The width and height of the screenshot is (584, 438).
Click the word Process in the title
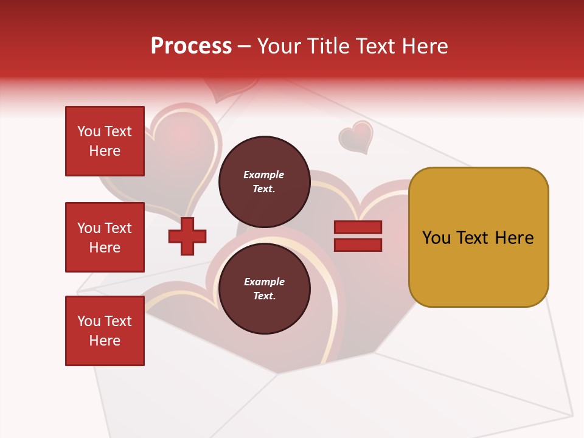pyautogui.click(x=191, y=46)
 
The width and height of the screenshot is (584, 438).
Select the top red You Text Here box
pyautogui.click(x=105, y=141)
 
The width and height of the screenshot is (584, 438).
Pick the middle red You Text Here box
pyautogui.click(x=105, y=237)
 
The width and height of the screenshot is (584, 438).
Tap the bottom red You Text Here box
pyautogui.click(x=105, y=331)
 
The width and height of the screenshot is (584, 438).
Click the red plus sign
pyautogui.click(x=187, y=236)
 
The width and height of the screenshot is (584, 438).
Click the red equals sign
pyautogui.click(x=358, y=236)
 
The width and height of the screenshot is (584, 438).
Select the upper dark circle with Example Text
pyautogui.click(x=264, y=181)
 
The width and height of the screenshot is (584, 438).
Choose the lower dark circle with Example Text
pyautogui.click(x=264, y=288)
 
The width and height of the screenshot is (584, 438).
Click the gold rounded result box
pyautogui.click(x=478, y=237)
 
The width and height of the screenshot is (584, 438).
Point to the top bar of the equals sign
pyautogui.click(x=358, y=227)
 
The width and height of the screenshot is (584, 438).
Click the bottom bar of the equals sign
pyautogui.click(x=358, y=245)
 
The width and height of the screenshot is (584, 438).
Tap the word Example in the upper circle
pyautogui.click(x=263, y=175)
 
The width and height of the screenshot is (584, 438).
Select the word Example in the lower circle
pyautogui.click(x=264, y=282)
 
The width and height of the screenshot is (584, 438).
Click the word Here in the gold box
pyautogui.click(x=514, y=238)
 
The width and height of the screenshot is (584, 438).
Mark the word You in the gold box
pyautogui.click(x=437, y=238)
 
